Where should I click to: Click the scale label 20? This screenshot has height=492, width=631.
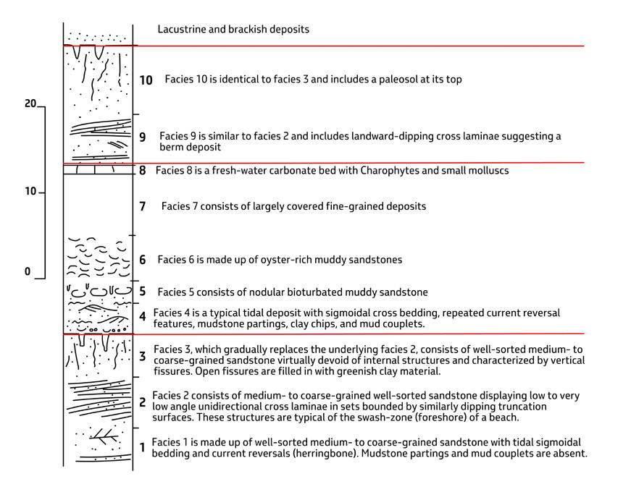[30, 104]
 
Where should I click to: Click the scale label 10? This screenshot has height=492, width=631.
[30, 192]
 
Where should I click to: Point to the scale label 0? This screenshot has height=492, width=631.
[28, 272]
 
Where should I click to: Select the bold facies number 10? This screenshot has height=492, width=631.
[146, 80]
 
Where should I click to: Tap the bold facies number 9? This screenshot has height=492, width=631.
[143, 137]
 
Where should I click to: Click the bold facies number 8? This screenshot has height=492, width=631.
[143, 171]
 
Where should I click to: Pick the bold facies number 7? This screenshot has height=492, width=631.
[143, 207]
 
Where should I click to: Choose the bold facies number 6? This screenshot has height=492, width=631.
[143, 260]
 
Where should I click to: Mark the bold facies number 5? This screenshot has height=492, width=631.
[143, 292]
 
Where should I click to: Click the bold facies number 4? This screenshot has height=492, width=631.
[143, 316]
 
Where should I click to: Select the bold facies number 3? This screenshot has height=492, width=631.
[143, 356]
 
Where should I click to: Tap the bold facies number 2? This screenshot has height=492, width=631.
[143, 402]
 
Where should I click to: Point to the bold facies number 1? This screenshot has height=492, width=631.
[143, 448]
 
